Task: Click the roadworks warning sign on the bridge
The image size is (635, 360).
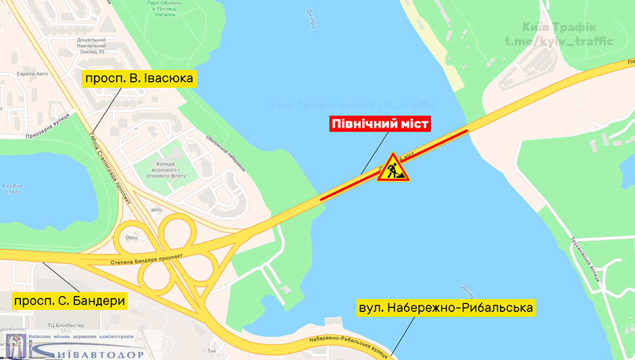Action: coord(392,169)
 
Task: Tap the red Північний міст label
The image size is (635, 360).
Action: coord(380,124)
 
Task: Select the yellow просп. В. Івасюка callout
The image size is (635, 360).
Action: coord(138,79)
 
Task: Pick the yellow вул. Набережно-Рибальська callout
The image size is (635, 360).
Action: coord(447,309)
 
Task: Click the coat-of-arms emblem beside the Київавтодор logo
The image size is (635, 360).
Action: coord(15,345)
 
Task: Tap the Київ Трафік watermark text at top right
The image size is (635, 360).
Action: coord(567,28)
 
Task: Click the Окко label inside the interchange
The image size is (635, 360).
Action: coord(131,237)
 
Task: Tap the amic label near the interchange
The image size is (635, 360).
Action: coord(157,210)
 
